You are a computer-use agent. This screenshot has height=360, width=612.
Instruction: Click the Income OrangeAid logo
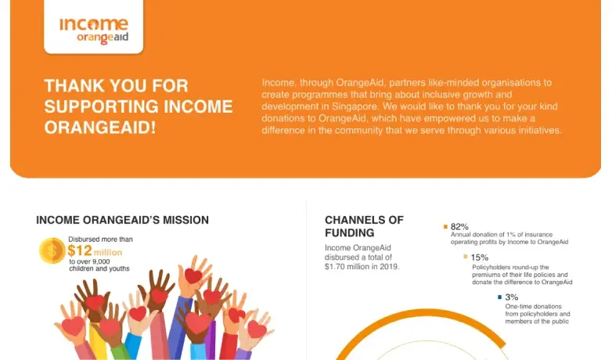(x=93, y=30)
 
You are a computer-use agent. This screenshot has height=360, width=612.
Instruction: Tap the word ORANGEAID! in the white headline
(x=99, y=127)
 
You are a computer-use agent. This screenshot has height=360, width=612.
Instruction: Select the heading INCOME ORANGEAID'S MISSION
(x=122, y=220)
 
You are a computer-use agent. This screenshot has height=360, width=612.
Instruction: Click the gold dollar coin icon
(x=52, y=250)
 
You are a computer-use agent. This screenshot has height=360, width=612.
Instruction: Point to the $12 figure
(x=80, y=251)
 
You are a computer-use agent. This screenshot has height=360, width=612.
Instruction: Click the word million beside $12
(x=108, y=253)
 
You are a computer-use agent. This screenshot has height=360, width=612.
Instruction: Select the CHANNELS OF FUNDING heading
(x=364, y=226)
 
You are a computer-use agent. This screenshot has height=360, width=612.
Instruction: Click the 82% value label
(x=459, y=226)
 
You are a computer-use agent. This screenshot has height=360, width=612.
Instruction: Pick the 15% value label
(x=479, y=257)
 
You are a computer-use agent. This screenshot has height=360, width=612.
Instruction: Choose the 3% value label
(x=511, y=297)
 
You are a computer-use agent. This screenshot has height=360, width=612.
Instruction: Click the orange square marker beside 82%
(x=445, y=226)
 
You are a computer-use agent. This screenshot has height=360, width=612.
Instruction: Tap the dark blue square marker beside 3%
(x=499, y=297)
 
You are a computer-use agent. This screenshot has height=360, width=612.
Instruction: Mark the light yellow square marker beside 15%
(x=465, y=257)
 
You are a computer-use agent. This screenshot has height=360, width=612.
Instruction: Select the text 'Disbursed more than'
(x=100, y=239)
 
